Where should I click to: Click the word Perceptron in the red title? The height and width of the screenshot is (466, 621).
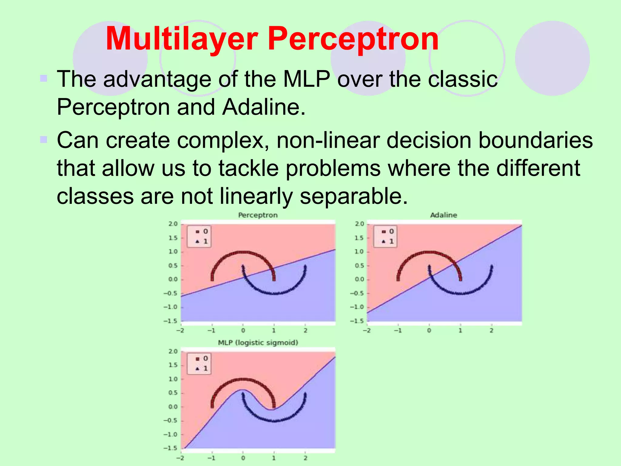tap(353, 39)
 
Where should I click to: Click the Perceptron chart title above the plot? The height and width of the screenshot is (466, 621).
tap(258, 215)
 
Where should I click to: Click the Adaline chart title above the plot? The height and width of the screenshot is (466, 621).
tap(444, 215)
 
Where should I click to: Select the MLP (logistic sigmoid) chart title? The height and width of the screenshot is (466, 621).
tap(258, 343)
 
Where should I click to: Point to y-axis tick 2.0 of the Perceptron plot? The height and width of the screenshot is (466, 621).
tap(173, 224)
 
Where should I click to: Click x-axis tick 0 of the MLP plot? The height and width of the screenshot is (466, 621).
tap(243, 458)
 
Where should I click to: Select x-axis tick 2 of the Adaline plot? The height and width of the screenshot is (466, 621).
tap(491, 330)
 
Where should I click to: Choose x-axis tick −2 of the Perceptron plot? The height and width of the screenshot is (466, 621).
tap(180, 330)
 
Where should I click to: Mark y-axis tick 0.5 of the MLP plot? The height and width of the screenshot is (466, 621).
tap(173, 393)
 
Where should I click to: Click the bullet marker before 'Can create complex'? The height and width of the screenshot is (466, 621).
tap(44, 140)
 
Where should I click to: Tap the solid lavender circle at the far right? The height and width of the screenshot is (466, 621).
tap(552, 58)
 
